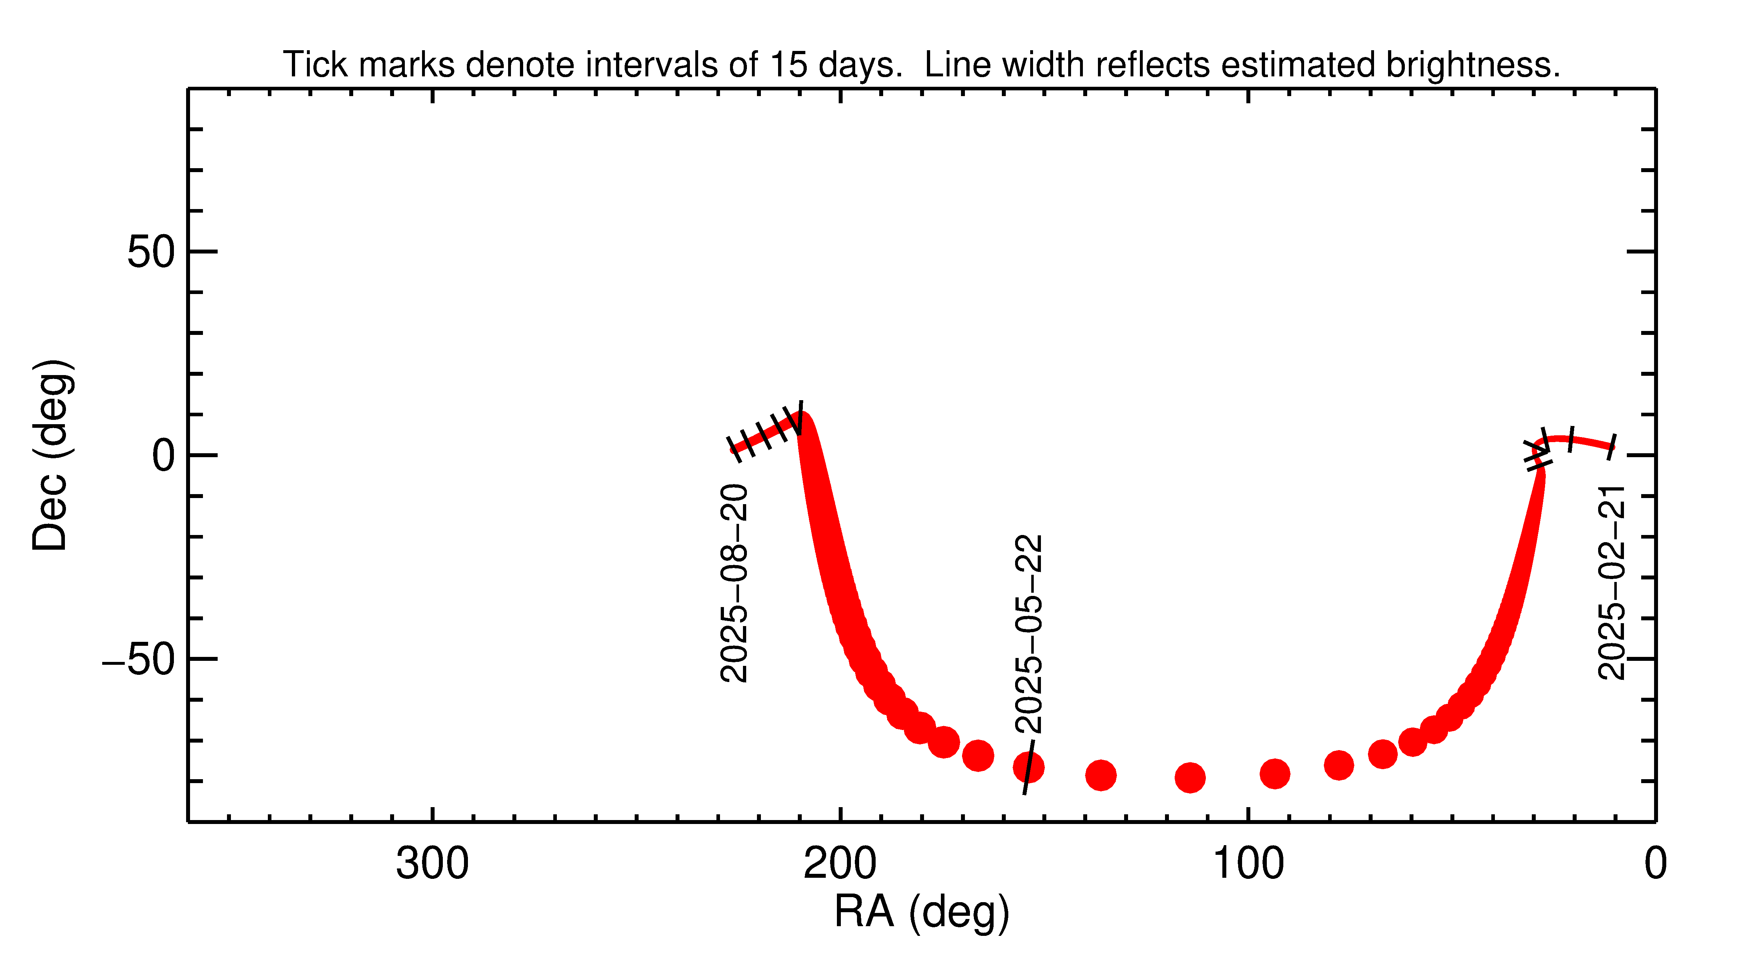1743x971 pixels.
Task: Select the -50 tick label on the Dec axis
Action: coord(139,659)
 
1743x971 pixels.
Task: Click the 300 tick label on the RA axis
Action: coord(432,864)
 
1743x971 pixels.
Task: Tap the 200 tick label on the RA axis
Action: coord(840,864)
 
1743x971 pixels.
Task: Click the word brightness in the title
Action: coord(1472,65)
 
